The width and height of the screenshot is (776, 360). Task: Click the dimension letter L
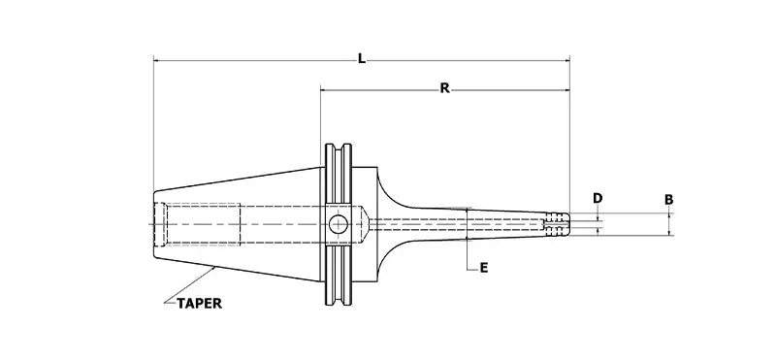361,60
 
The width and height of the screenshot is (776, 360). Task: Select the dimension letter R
444,89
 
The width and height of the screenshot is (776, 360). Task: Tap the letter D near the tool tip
598,198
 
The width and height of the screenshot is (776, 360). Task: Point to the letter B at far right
669,199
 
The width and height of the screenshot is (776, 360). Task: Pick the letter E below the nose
483,268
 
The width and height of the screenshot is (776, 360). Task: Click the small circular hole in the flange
337,223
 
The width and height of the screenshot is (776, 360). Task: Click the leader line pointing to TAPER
189,281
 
